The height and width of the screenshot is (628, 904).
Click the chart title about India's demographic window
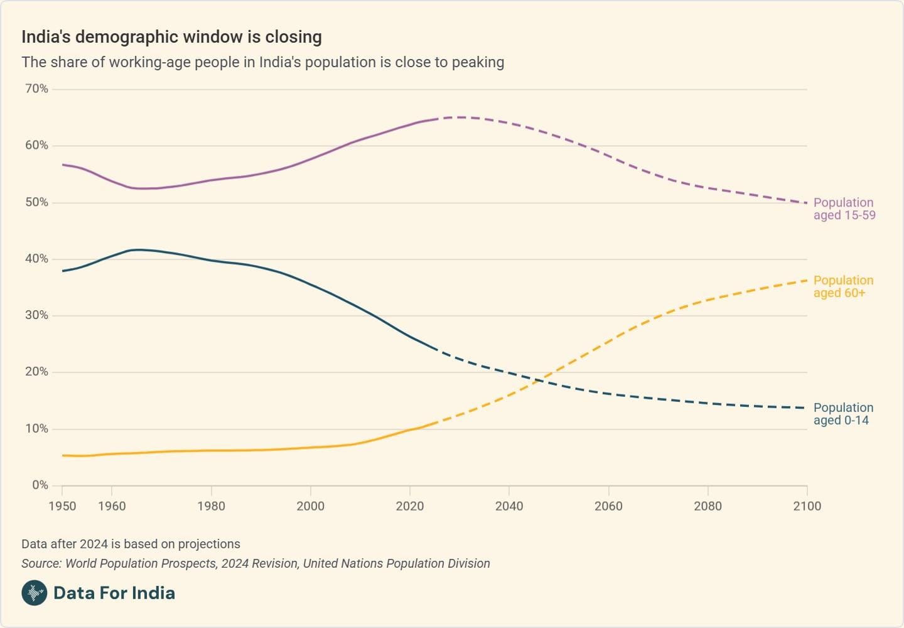[171, 37]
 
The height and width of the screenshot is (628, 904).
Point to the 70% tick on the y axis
[36, 89]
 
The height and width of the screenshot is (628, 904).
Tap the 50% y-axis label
[36, 202]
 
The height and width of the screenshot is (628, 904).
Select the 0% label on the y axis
[40, 485]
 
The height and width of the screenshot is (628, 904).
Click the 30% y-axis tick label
[36, 315]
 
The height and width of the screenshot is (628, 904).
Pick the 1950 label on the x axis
[62, 506]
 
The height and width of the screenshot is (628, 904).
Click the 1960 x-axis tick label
[112, 506]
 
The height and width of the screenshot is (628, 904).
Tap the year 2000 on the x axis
[310, 506]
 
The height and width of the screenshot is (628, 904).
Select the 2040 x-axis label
[508, 506]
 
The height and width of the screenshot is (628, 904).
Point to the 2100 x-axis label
[807, 506]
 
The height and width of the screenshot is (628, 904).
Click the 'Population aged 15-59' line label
[844, 208]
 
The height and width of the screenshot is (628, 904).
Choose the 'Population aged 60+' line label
[843, 286]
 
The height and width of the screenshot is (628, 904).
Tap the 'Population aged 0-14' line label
[843, 414]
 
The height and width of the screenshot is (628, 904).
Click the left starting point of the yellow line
[63, 455]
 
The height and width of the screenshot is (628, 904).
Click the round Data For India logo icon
[34, 593]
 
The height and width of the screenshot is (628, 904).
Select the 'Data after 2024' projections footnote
[131, 544]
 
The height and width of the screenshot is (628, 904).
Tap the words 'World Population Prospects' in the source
[141, 563]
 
